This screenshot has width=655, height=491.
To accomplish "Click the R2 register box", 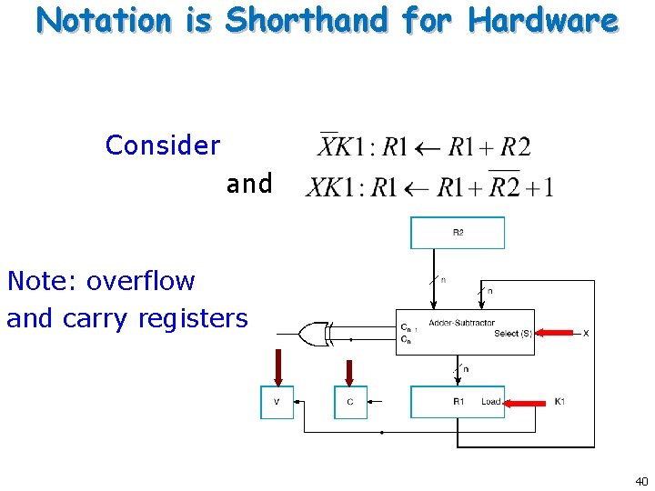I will pos(458,233).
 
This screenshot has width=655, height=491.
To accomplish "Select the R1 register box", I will pos(458,402).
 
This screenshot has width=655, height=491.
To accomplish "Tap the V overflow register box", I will pos(277,402).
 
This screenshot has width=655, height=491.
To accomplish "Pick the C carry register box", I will pos(350,402).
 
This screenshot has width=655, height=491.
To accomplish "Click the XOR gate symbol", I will pos(315,335).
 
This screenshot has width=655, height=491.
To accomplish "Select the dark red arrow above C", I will pos(349,376).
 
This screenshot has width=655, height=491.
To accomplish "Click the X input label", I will pos(586,334).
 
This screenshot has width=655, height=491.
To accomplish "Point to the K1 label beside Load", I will pos(559,402).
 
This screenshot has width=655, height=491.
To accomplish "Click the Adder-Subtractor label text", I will pos(461,324).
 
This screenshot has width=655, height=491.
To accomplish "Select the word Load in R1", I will pos(490,402).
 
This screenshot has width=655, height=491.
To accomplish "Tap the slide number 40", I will pos(641,481).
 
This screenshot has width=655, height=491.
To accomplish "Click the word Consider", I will pos(163,145).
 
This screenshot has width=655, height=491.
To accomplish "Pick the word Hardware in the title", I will pos(542,19).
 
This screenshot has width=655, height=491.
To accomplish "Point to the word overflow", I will pos(141,281).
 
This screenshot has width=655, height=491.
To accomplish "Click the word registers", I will pos(193,318).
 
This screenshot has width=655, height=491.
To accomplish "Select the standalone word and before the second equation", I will pos(249,185).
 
